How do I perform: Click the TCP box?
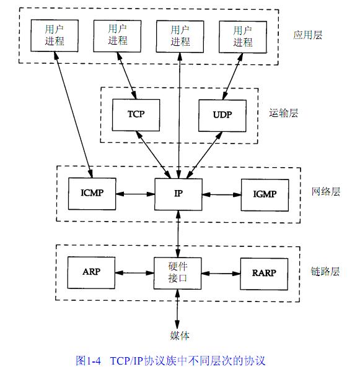pos(136,115)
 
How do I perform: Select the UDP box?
pos(222,116)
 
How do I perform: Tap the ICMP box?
pos(92,194)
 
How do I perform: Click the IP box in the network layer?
pos(178,194)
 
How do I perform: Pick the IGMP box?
pos(265,195)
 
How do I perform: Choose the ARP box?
pos(92,272)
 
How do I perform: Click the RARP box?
pos(264,274)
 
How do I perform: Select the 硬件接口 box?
pos(178,273)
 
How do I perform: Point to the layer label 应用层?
pos(308,35)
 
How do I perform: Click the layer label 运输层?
pos(284,113)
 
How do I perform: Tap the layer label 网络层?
pos(326,191)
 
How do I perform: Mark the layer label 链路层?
pos(325,271)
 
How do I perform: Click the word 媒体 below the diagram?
pos(180,335)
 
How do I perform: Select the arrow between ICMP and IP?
pos(135,194)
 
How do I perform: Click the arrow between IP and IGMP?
pos(222,195)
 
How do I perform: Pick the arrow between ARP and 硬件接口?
pos(134,273)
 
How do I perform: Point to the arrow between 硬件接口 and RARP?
pos(221,274)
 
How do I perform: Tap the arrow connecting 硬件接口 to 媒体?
pos(177,309)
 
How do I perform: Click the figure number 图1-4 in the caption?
pos(89,361)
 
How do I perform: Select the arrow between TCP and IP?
pos(154,155)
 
